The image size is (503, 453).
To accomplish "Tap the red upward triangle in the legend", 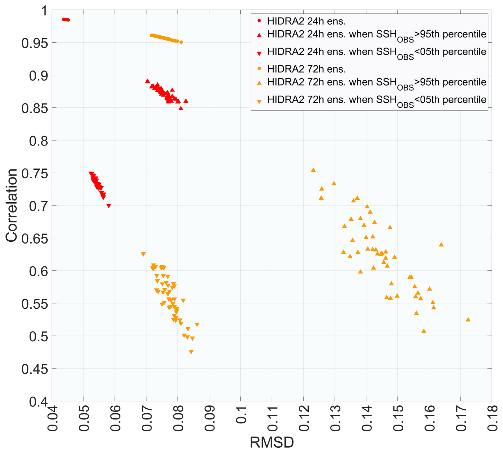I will tap(259, 35).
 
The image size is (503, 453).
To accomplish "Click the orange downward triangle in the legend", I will tap(259, 101).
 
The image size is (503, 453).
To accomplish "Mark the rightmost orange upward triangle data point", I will tap(468, 320).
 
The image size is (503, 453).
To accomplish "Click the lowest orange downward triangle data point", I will tap(191, 352).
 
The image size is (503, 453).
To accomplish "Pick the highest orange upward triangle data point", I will tap(313, 170).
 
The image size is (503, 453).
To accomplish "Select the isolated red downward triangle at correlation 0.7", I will tap(108, 206).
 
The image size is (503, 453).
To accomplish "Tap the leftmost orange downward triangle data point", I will tap(143, 254).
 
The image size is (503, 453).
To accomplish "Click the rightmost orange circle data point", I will tap(181, 42).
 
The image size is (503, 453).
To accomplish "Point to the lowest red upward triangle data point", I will tap(181, 108).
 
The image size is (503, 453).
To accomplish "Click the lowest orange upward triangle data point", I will tap(424, 331).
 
